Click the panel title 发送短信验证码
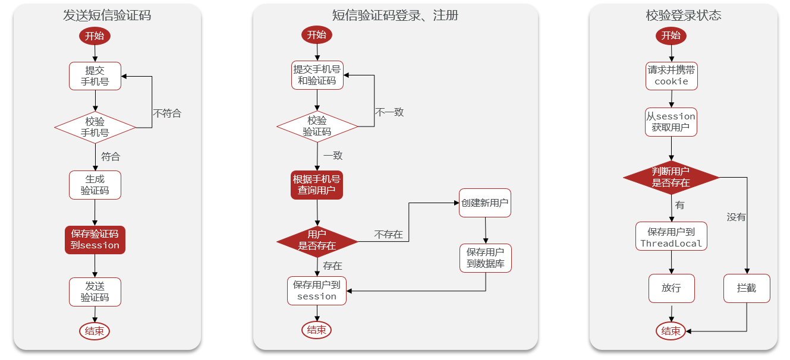pyautogui.click(x=107, y=15)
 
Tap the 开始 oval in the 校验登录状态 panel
pyautogui.click(x=671, y=36)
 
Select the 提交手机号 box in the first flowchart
pyautogui.click(x=95, y=76)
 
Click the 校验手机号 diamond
pyautogui.click(x=95, y=127)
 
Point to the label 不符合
pyautogui.click(x=167, y=113)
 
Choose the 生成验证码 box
pyautogui.click(x=95, y=185)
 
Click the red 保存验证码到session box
pyautogui.click(x=95, y=239)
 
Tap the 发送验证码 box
pyautogui.click(x=95, y=292)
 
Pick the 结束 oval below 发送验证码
pyautogui.click(x=95, y=331)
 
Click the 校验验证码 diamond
pyautogui.click(x=317, y=126)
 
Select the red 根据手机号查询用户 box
pyautogui.click(x=317, y=185)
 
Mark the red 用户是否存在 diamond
pyautogui.click(x=317, y=240)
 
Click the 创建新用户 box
pyautogui.click(x=485, y=203)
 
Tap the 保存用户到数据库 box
pyautogui.click(x=486, y=258)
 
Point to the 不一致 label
pyautogui.click(x=389, y=112)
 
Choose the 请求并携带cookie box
pyautogui.click(x=672, y=75)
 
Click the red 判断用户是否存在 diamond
pyautogui.click(x=671, y=177)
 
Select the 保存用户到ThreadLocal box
pyautogui.click(x=671, y=237)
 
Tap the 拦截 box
pyautogui.click(x=747, y=288)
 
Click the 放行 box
pyautogui.click(x=671, y=288)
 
